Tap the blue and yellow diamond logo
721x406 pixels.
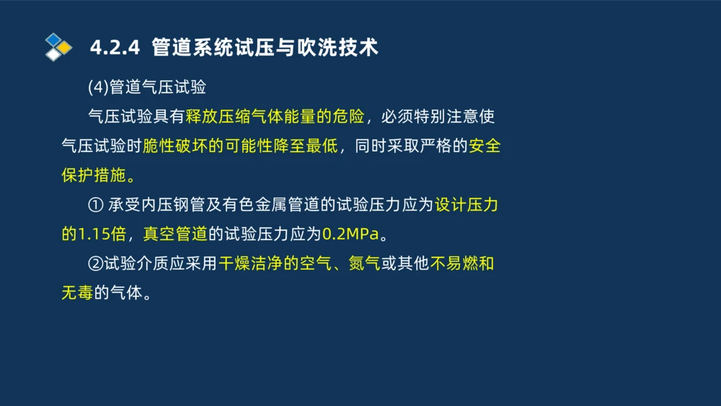tap(58, 47)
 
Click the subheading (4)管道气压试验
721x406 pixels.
tap(147, 87)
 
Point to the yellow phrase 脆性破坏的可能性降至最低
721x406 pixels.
tap(240, 146)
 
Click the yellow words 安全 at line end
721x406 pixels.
tap(484, 146)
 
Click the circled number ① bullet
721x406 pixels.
tap(95, 206)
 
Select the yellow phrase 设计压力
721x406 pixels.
tap(466, 206)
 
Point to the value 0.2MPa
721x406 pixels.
tap(350, 235)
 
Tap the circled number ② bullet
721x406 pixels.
tap(95, 265)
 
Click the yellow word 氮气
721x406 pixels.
tap(364, 265)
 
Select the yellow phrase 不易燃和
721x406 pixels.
tap(462, 265)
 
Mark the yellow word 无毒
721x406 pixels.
tap(77, 294)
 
